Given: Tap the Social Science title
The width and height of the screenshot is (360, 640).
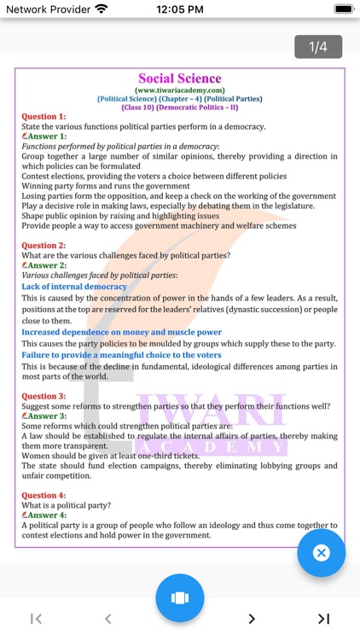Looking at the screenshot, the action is [x=179, y=79].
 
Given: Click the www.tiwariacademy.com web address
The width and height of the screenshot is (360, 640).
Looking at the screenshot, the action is [x=179, y=90].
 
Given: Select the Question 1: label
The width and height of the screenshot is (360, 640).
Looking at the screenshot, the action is [x=44, y=116].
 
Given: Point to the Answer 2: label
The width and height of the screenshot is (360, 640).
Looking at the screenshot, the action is [x=46, y=265].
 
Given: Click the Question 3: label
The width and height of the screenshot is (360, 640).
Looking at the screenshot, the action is [x=44, y=396].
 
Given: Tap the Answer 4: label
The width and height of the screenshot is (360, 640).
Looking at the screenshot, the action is [x=46, y=515].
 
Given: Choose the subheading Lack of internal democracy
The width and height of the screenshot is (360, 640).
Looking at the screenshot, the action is [x=74, y=287].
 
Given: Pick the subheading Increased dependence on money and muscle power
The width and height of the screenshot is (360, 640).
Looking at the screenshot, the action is [x=121, y=332].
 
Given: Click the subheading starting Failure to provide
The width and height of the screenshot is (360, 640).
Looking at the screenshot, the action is [x=121, y=355].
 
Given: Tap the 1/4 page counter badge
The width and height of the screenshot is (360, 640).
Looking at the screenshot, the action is [x=318, y=47].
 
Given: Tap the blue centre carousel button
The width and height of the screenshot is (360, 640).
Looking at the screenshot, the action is [x=179, y=597].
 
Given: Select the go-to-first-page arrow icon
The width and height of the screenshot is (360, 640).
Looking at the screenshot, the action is [x=37, y=619].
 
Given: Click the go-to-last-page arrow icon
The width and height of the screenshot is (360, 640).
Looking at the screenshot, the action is [x=323, y=619].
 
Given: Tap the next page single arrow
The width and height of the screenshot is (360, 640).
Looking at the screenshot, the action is [x=252, y=619].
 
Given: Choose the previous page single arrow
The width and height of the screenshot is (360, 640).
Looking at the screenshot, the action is [x=108, y=619].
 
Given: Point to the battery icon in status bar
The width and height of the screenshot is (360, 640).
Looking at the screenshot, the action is [x=344, y=9].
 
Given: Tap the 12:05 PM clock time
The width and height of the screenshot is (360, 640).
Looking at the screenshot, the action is [x=180, y=9].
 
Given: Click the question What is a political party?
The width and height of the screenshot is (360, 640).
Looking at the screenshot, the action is [x=67, y=505].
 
